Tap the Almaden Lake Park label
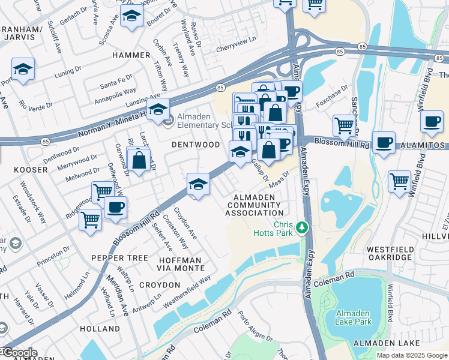[357, 317]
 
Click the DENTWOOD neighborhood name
[196, 145]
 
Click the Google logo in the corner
[19, 353]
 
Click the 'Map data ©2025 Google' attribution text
[411, 355]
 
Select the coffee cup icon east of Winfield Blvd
[432, 121]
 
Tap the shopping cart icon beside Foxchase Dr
[344, 125]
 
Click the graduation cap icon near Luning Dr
[23, 69]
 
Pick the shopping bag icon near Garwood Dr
[139, 160]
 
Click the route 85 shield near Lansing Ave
[220, 87]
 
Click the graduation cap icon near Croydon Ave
[198, 184]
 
